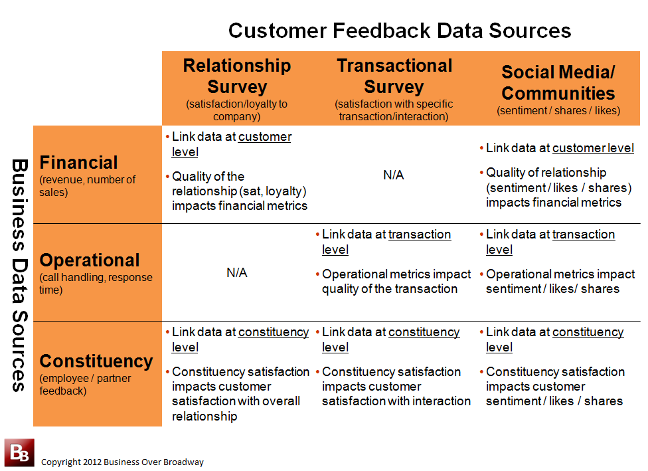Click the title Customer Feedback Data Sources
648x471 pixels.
pos(400,31)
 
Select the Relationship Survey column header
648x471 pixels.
pos(237,76)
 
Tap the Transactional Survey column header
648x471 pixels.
pos(394,76)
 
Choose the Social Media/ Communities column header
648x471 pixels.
pos(558,82)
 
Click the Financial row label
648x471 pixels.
pos(78,163)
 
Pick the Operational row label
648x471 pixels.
pos(89,260)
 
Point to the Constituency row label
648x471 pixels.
pos(96,361)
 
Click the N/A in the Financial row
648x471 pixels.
pos(394,175)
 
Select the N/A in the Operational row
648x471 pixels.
pos(237,272)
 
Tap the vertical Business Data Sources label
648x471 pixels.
pos(19,275)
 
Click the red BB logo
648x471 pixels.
pos(19,452)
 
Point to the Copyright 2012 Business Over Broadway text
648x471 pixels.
pos(122,462)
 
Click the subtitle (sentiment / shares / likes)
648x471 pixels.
pos(558,110)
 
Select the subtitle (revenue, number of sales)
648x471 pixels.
pos(87,185)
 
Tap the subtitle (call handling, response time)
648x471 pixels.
pos(96,283)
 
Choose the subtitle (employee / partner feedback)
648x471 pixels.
pos(85,384)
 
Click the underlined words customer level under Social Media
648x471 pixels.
pos(593,148)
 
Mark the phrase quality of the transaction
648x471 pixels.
pos(390,288)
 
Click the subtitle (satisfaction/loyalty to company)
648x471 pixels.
pos(237,110)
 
